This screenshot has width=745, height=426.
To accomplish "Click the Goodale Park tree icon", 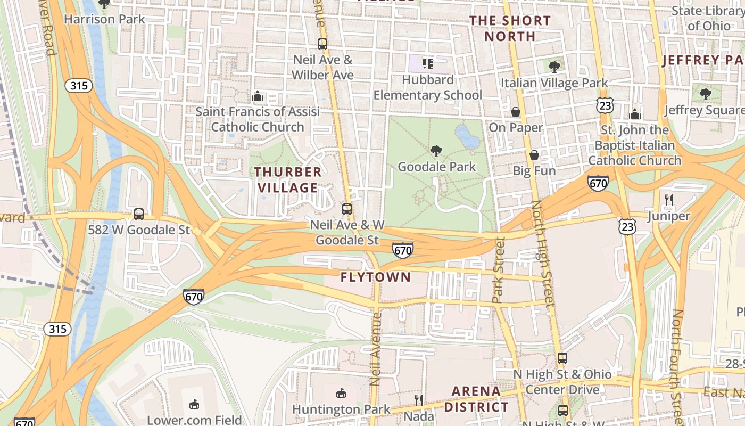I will pyautogui.click(x=436, y=151).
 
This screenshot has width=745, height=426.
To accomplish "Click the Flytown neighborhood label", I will pyautogui.click(x=376, y=277).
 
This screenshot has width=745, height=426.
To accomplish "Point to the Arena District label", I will pyautogui.click(x=476, y=399).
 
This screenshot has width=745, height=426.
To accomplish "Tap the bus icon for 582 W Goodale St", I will pyautogui.click(x=139, y=214).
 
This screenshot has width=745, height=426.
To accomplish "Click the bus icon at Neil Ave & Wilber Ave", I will pyautogui.click(x=322, y=44).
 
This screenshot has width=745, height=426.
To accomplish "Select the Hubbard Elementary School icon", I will pyautogui.click(x=428, y=64).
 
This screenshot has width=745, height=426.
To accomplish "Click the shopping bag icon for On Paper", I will pyautogui.click(x=516, y=112).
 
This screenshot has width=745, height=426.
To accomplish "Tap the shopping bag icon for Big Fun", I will pyautogui.click(x=534, y=155).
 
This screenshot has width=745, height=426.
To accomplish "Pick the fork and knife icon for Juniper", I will pyautogui.click(x=669, y=200).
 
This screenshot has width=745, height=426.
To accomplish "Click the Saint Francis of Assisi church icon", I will pyautogui.click(x=258, y=96).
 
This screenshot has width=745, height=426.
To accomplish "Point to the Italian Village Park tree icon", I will pyautogui.click(x=554, y=67).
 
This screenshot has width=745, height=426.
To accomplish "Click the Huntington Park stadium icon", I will pyautogui.click(x=341, y=394).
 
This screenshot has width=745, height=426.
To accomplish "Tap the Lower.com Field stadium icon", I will pyautogui.click(x=194, y=404).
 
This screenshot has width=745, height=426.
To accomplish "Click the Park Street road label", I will pyautogui.click(x=499, y=271).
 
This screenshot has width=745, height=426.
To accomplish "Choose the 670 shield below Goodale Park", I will pyautogui.click(x=403, y=250).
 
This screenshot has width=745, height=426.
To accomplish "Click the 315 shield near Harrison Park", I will pyautogui.click(x=79, y=86).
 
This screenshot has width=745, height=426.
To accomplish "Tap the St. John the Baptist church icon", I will pyautogui.click(x=634, y=114).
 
